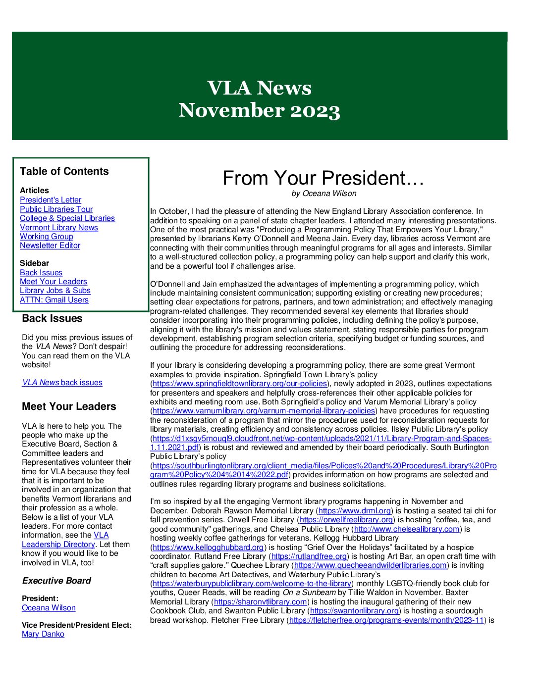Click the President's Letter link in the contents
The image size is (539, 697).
[51, 200]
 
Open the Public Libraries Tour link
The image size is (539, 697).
[56, 209]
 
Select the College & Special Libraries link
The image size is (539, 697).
[67, 218]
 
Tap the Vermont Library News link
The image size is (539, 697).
[59, 228]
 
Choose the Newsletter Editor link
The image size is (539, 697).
[50, 246]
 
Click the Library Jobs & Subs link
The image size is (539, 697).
[55, 291]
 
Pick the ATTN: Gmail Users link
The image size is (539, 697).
[54, 300]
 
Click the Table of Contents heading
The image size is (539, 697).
[64, 171]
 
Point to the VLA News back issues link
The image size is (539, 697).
[62, 383]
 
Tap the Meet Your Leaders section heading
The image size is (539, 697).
[69, 406]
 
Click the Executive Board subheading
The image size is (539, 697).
[56, 581]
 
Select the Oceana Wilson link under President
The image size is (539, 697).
[49, 608]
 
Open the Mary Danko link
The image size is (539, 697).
[43, 634]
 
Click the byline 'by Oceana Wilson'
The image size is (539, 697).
[323, 194]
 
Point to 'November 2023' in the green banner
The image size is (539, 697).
[259, 110]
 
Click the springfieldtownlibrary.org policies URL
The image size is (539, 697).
[240, 384]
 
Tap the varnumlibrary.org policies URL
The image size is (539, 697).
[264, 411]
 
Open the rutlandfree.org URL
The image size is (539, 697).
[309, 556]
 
